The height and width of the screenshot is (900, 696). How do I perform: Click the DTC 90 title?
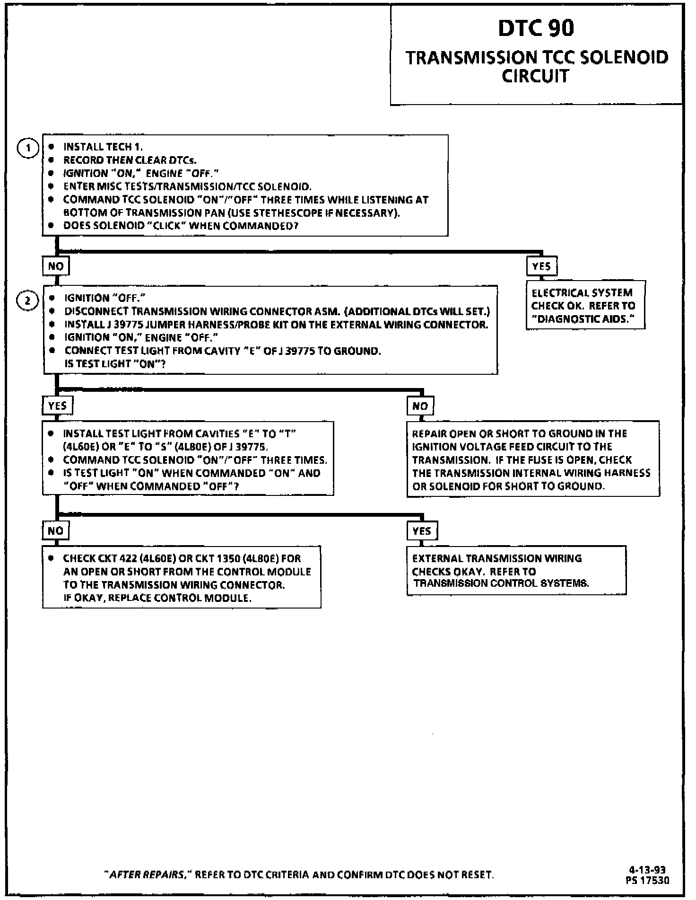[536, 28]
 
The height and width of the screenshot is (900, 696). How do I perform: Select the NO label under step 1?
[56, 266]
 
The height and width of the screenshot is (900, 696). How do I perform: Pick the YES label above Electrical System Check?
[541, 266]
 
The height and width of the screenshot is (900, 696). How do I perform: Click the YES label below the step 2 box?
[58, 406]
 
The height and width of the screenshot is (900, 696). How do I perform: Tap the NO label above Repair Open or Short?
[420, 406]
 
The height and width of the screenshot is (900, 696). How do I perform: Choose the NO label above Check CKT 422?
[56, 530]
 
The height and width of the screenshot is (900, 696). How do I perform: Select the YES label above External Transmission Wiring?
[422, 530]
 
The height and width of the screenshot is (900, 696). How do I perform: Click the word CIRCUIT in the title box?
[535, 76]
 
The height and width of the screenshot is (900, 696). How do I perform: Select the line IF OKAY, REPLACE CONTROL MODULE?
[157, 598]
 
